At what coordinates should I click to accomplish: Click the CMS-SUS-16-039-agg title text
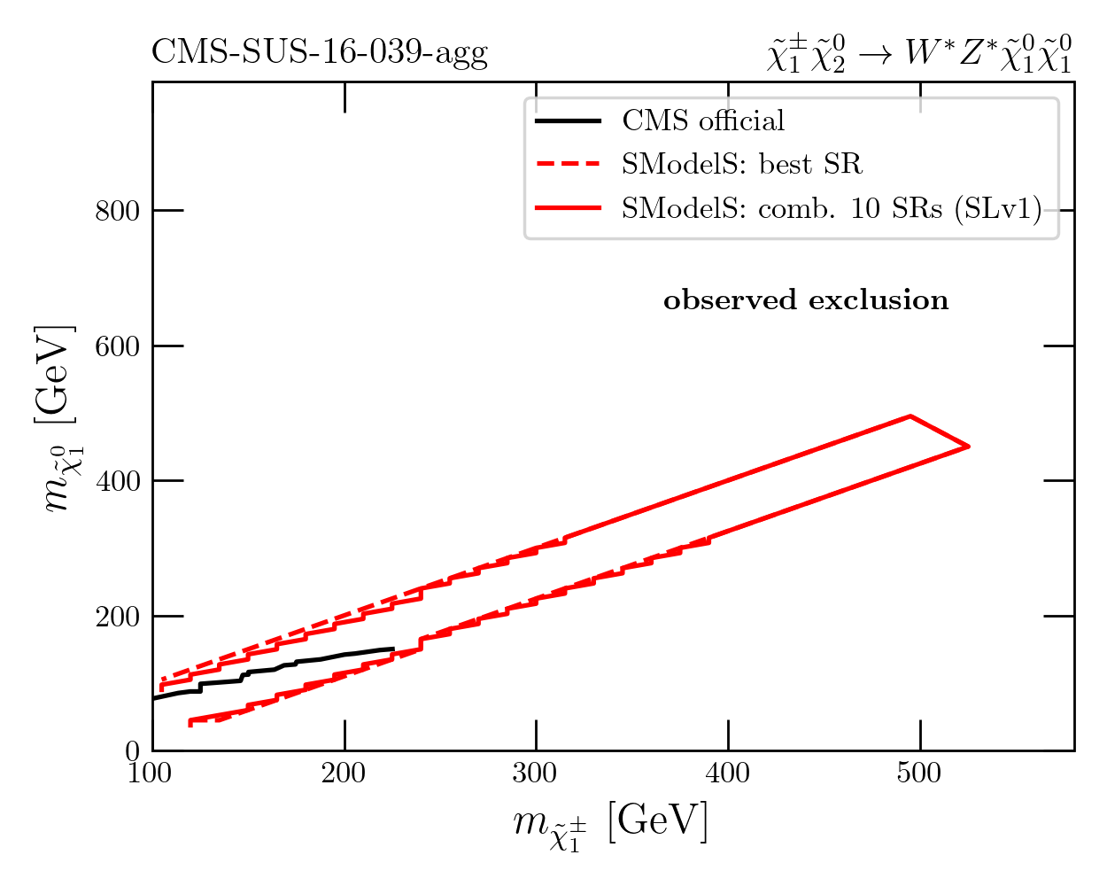tap(320, 53)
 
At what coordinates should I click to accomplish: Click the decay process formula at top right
tap(919, 53)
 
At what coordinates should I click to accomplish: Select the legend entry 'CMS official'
tap(703, 120)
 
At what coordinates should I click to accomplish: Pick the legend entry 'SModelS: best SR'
tap(741, 164)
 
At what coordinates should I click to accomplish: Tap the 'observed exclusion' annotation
tap(806, 300)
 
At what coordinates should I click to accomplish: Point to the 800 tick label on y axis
tap(117, 211)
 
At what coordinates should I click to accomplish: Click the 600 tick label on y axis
tap(117, 346)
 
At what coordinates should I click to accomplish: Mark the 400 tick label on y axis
tap(117, 481)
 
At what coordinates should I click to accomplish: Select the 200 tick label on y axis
tap(117, 617)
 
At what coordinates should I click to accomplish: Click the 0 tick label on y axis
tap(134, 751)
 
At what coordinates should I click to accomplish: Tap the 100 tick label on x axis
tap(151, 773)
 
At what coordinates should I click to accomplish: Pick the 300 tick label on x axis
tap(536, 773)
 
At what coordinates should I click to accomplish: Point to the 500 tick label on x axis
tap(919, 773)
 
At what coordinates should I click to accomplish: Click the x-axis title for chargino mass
tap(611, 825)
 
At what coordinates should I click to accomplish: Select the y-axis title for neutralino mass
tap(60, 416)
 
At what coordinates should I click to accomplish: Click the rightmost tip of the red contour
tap(969, 446)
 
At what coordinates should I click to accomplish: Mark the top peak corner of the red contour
tap(910, 416)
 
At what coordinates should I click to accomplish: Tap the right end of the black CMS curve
tap(393, 649)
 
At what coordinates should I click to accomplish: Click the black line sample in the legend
tap(568, 120)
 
